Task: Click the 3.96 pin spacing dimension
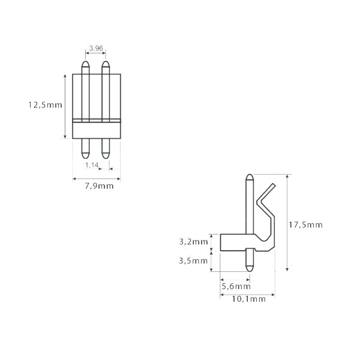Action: click(95, 47)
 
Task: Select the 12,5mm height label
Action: click(44, 104)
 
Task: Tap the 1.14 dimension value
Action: click(91, 164)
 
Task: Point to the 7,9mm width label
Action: click(97, 186)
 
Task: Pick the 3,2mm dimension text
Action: click(194, 242)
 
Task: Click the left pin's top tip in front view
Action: click(86, 63)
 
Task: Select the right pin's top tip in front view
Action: click(106, 63)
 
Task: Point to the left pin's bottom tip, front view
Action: click(86, 152)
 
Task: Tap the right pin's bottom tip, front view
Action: click(106, 152)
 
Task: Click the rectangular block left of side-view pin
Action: click(233, 242)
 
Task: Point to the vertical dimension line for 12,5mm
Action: click(65, 106)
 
